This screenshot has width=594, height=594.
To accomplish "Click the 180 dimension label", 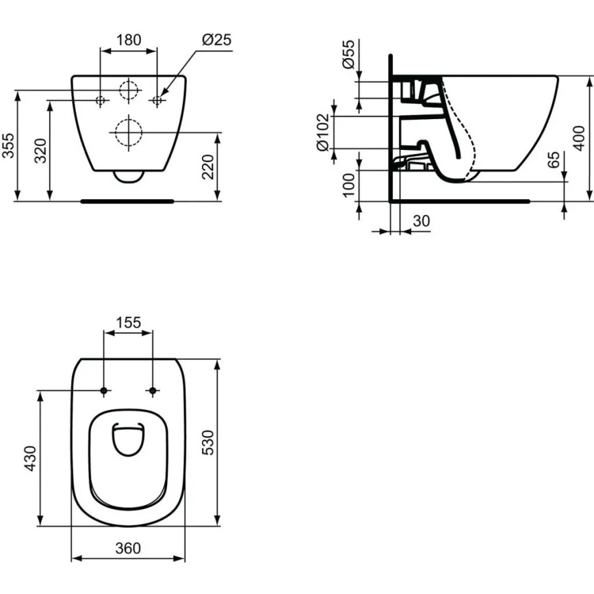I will click(128, 40).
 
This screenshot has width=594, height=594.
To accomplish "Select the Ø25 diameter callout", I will click(216, 40).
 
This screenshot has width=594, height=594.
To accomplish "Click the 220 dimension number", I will click(209, 166).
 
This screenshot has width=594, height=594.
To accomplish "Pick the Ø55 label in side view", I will click(348, 54).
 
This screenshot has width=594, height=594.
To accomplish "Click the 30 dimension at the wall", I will click(422, 220).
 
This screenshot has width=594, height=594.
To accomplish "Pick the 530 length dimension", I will click(209, 443).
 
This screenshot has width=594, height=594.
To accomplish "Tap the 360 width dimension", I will click(128, 548).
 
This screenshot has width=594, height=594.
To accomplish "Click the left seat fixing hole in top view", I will click(104, 391).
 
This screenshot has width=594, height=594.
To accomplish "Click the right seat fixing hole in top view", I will click(152, 391).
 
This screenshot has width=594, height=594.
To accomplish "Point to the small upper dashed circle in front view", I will click(128, 90).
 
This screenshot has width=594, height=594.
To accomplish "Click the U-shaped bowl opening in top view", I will click(128, 439).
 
